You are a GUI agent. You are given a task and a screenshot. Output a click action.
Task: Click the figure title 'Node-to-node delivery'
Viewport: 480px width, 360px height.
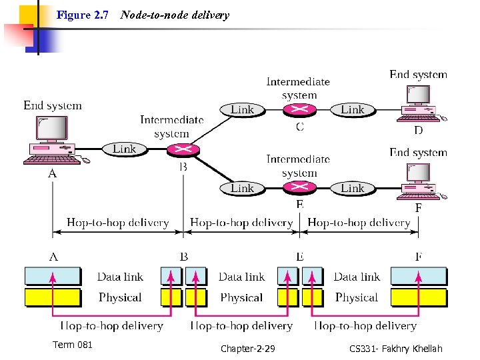click(175, 15)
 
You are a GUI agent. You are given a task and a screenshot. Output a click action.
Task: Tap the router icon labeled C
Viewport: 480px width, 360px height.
click(299, 110)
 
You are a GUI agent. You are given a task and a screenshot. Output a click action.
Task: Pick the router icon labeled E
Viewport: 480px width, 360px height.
click(299, 189)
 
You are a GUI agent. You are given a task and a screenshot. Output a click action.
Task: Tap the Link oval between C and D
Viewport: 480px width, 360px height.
click(353, 109)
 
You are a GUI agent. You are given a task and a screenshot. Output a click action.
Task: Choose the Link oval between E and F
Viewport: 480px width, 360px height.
click(353, 188)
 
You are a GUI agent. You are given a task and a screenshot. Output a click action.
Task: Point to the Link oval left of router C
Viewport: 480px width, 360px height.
click(242, 109)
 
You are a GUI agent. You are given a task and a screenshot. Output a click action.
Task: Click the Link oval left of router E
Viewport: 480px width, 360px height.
click(242, 188)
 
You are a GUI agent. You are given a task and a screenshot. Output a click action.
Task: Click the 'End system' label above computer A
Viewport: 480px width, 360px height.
click(53, 105)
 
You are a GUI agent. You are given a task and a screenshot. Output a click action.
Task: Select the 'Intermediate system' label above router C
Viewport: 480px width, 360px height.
click(298, 88)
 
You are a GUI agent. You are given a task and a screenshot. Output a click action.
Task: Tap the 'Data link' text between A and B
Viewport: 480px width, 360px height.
click(120, 277)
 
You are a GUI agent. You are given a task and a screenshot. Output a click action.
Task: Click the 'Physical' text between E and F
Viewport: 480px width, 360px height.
click(357, 297)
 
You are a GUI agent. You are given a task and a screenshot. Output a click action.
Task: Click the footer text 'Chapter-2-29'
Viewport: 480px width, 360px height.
click(247, 349)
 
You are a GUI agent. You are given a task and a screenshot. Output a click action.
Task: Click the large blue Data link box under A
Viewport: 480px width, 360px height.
click(52, 276)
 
